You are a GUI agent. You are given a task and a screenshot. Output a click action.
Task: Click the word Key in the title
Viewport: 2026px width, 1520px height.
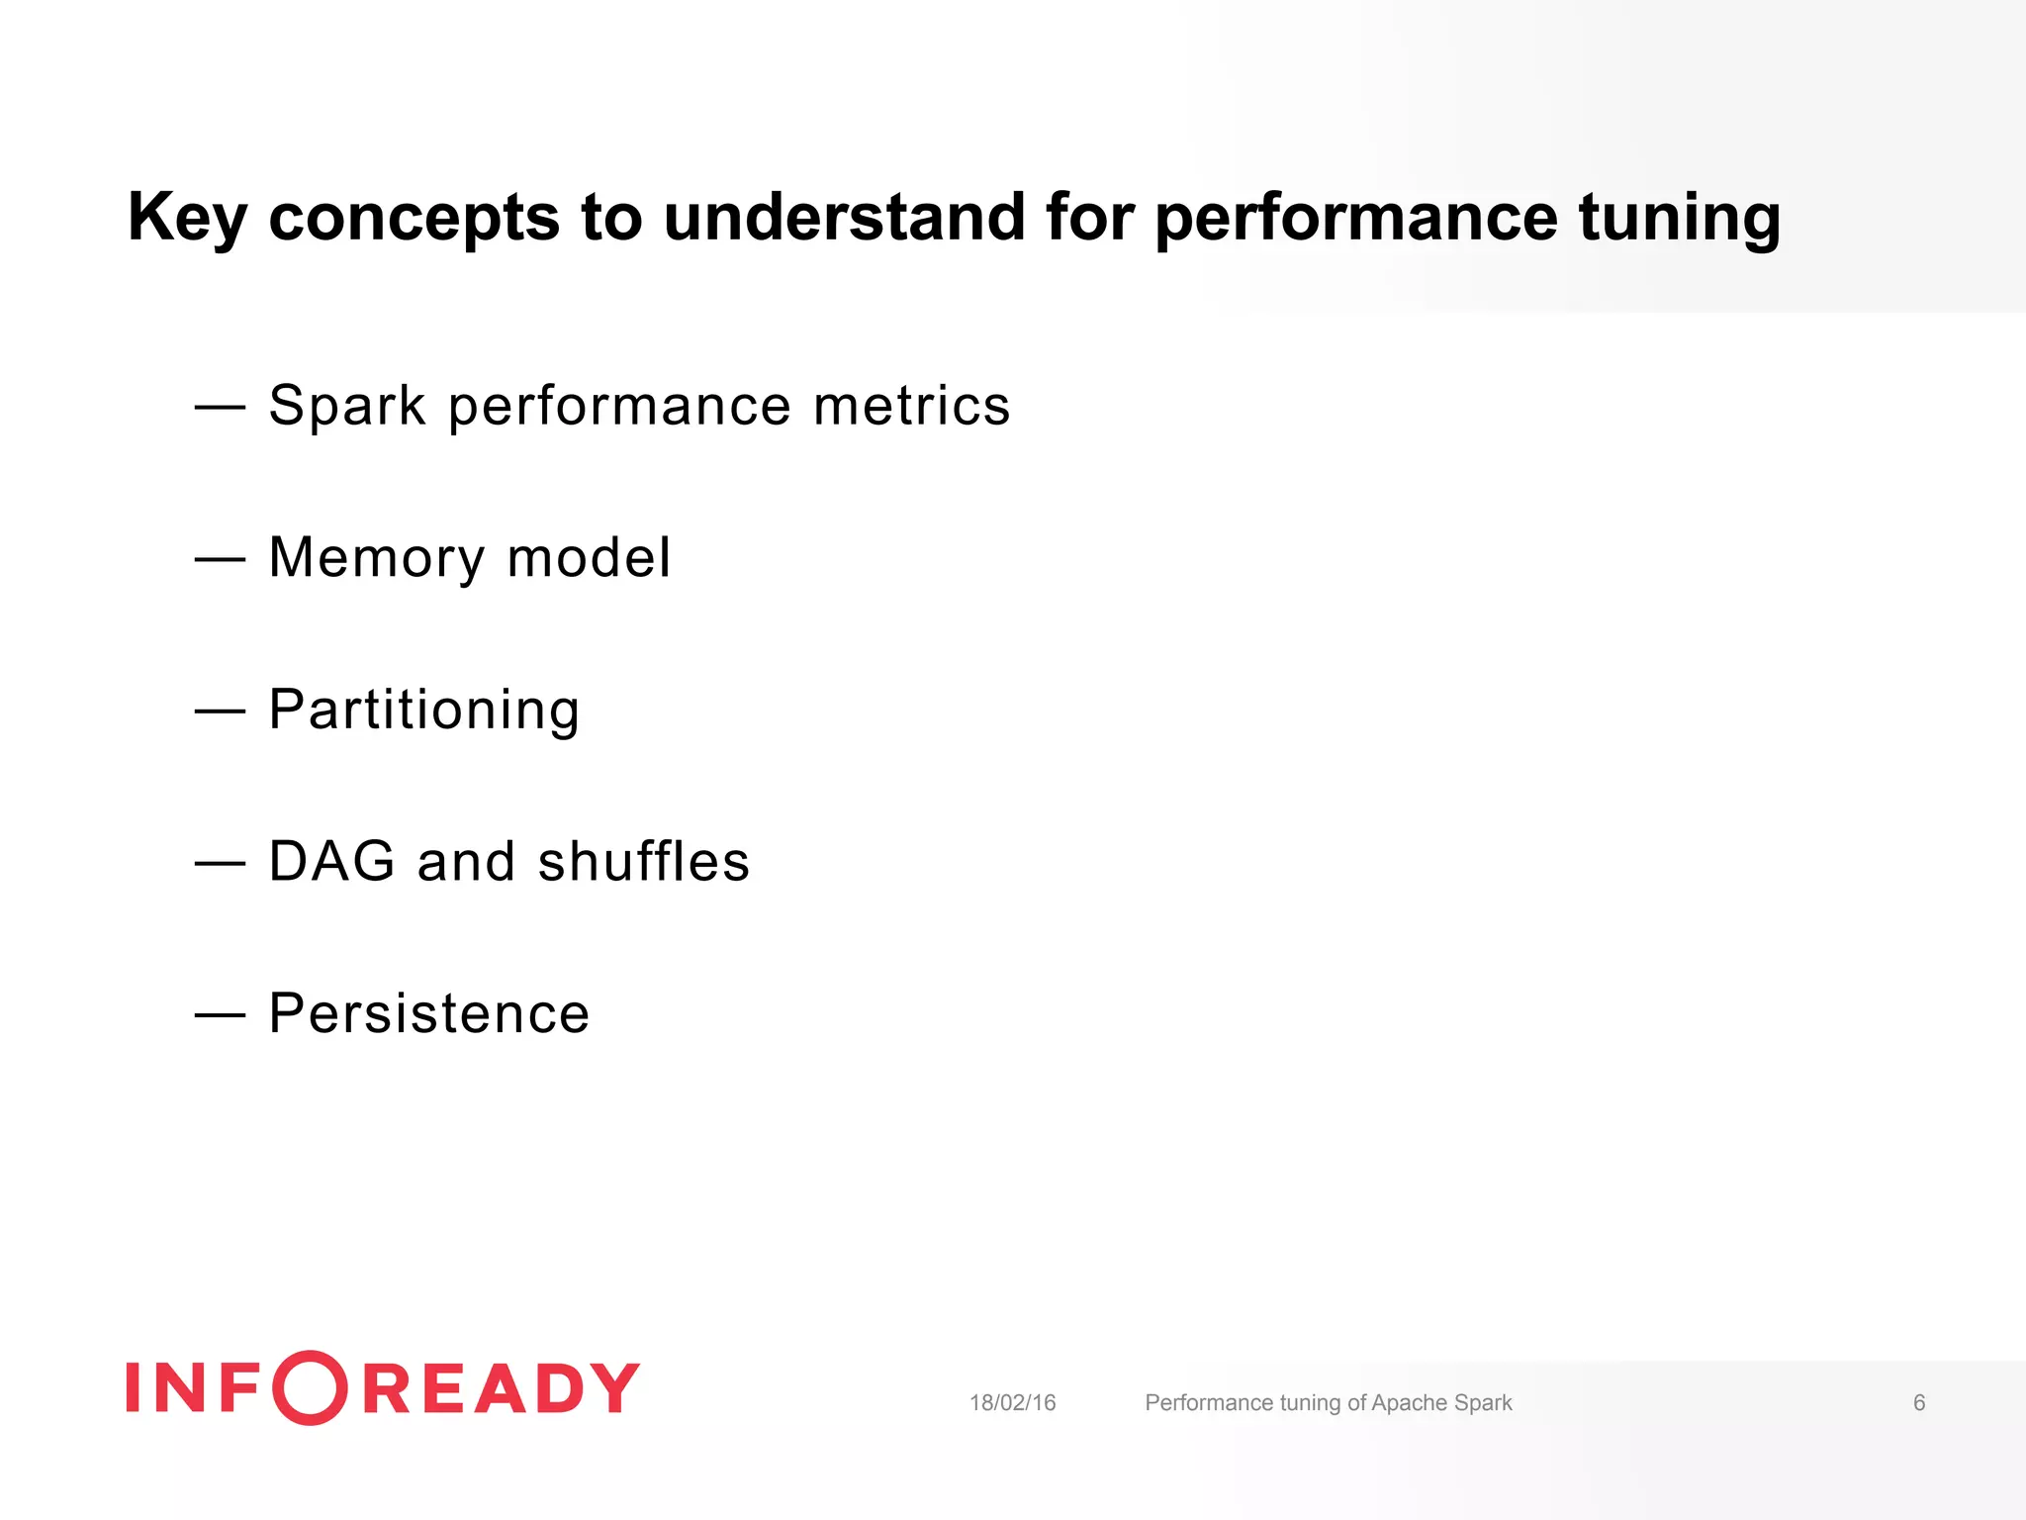coord(187,218)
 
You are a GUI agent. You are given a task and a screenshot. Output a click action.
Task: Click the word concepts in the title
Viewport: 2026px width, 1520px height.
coord(414,218)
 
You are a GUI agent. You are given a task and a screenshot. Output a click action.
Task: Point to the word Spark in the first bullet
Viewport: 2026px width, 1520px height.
coord(347,406)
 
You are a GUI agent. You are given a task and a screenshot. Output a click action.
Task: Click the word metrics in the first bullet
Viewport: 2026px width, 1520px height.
coord(911,406)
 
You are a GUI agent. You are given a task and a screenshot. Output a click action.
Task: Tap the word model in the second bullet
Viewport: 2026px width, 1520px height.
coord(589,558)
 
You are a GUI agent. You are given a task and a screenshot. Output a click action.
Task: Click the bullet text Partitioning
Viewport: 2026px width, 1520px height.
coord(424,711)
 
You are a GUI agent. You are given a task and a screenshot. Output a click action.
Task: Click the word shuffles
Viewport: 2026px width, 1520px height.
coord(644,861)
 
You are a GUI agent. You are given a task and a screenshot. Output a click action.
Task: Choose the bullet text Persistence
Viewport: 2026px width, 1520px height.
coord(429,1013)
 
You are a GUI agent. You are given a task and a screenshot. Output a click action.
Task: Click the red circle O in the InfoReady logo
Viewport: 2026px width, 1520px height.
coord(310,1387)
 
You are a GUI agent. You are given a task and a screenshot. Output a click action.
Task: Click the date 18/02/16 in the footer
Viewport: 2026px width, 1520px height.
coord(1012,1403)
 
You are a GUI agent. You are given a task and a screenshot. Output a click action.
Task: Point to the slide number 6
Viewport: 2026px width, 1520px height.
coord(1919,1403)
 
